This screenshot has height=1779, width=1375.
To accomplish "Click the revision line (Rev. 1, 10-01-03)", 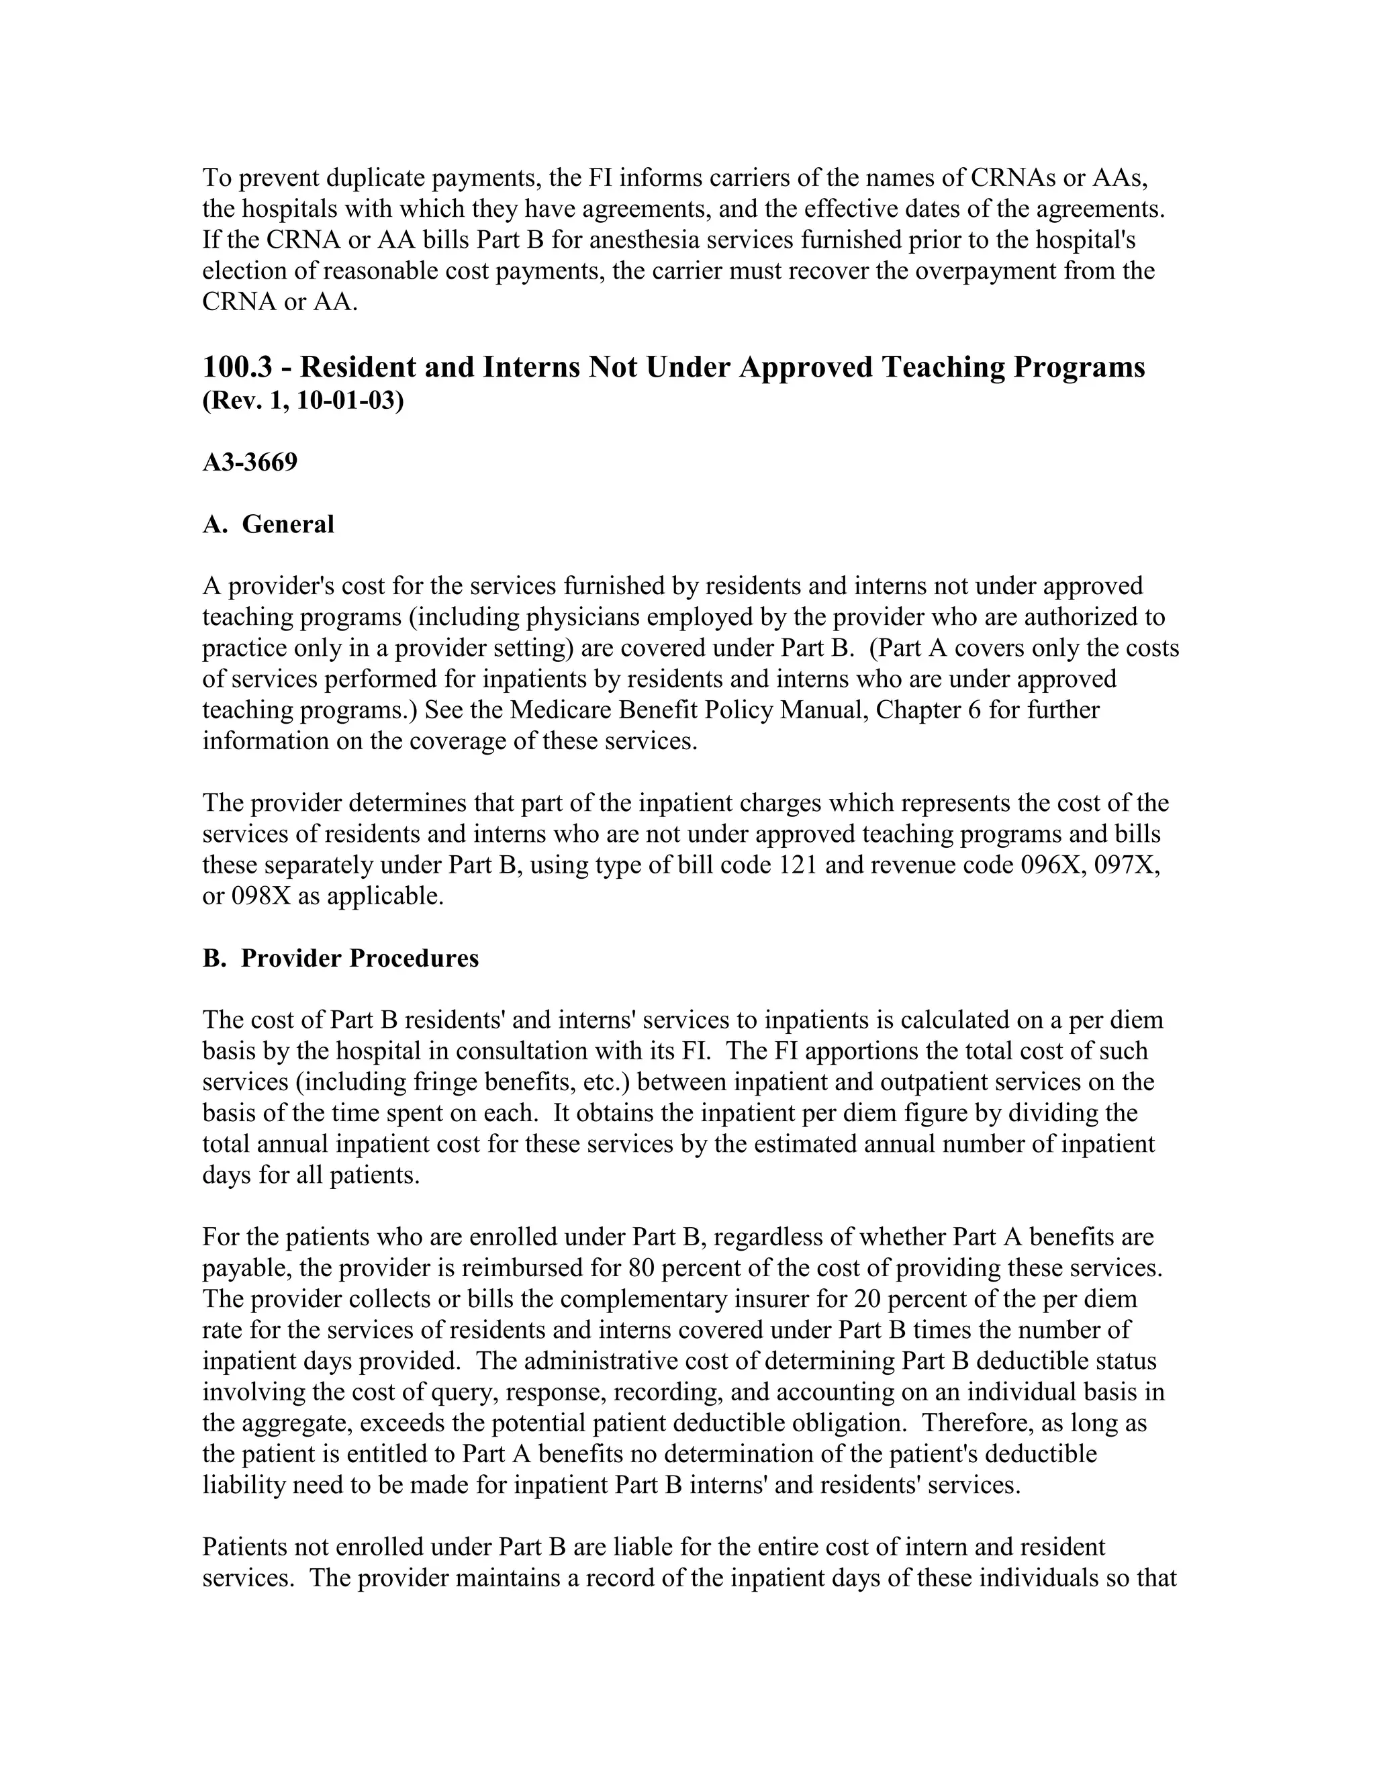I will tap(302, 401).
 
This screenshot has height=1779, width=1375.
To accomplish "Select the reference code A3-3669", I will tap(250, 463).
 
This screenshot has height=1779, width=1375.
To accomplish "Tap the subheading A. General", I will tap(268, 524).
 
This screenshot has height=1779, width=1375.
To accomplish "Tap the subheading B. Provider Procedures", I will tap(340, 958).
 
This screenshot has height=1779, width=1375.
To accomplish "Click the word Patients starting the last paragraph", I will tap(244, 1547).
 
